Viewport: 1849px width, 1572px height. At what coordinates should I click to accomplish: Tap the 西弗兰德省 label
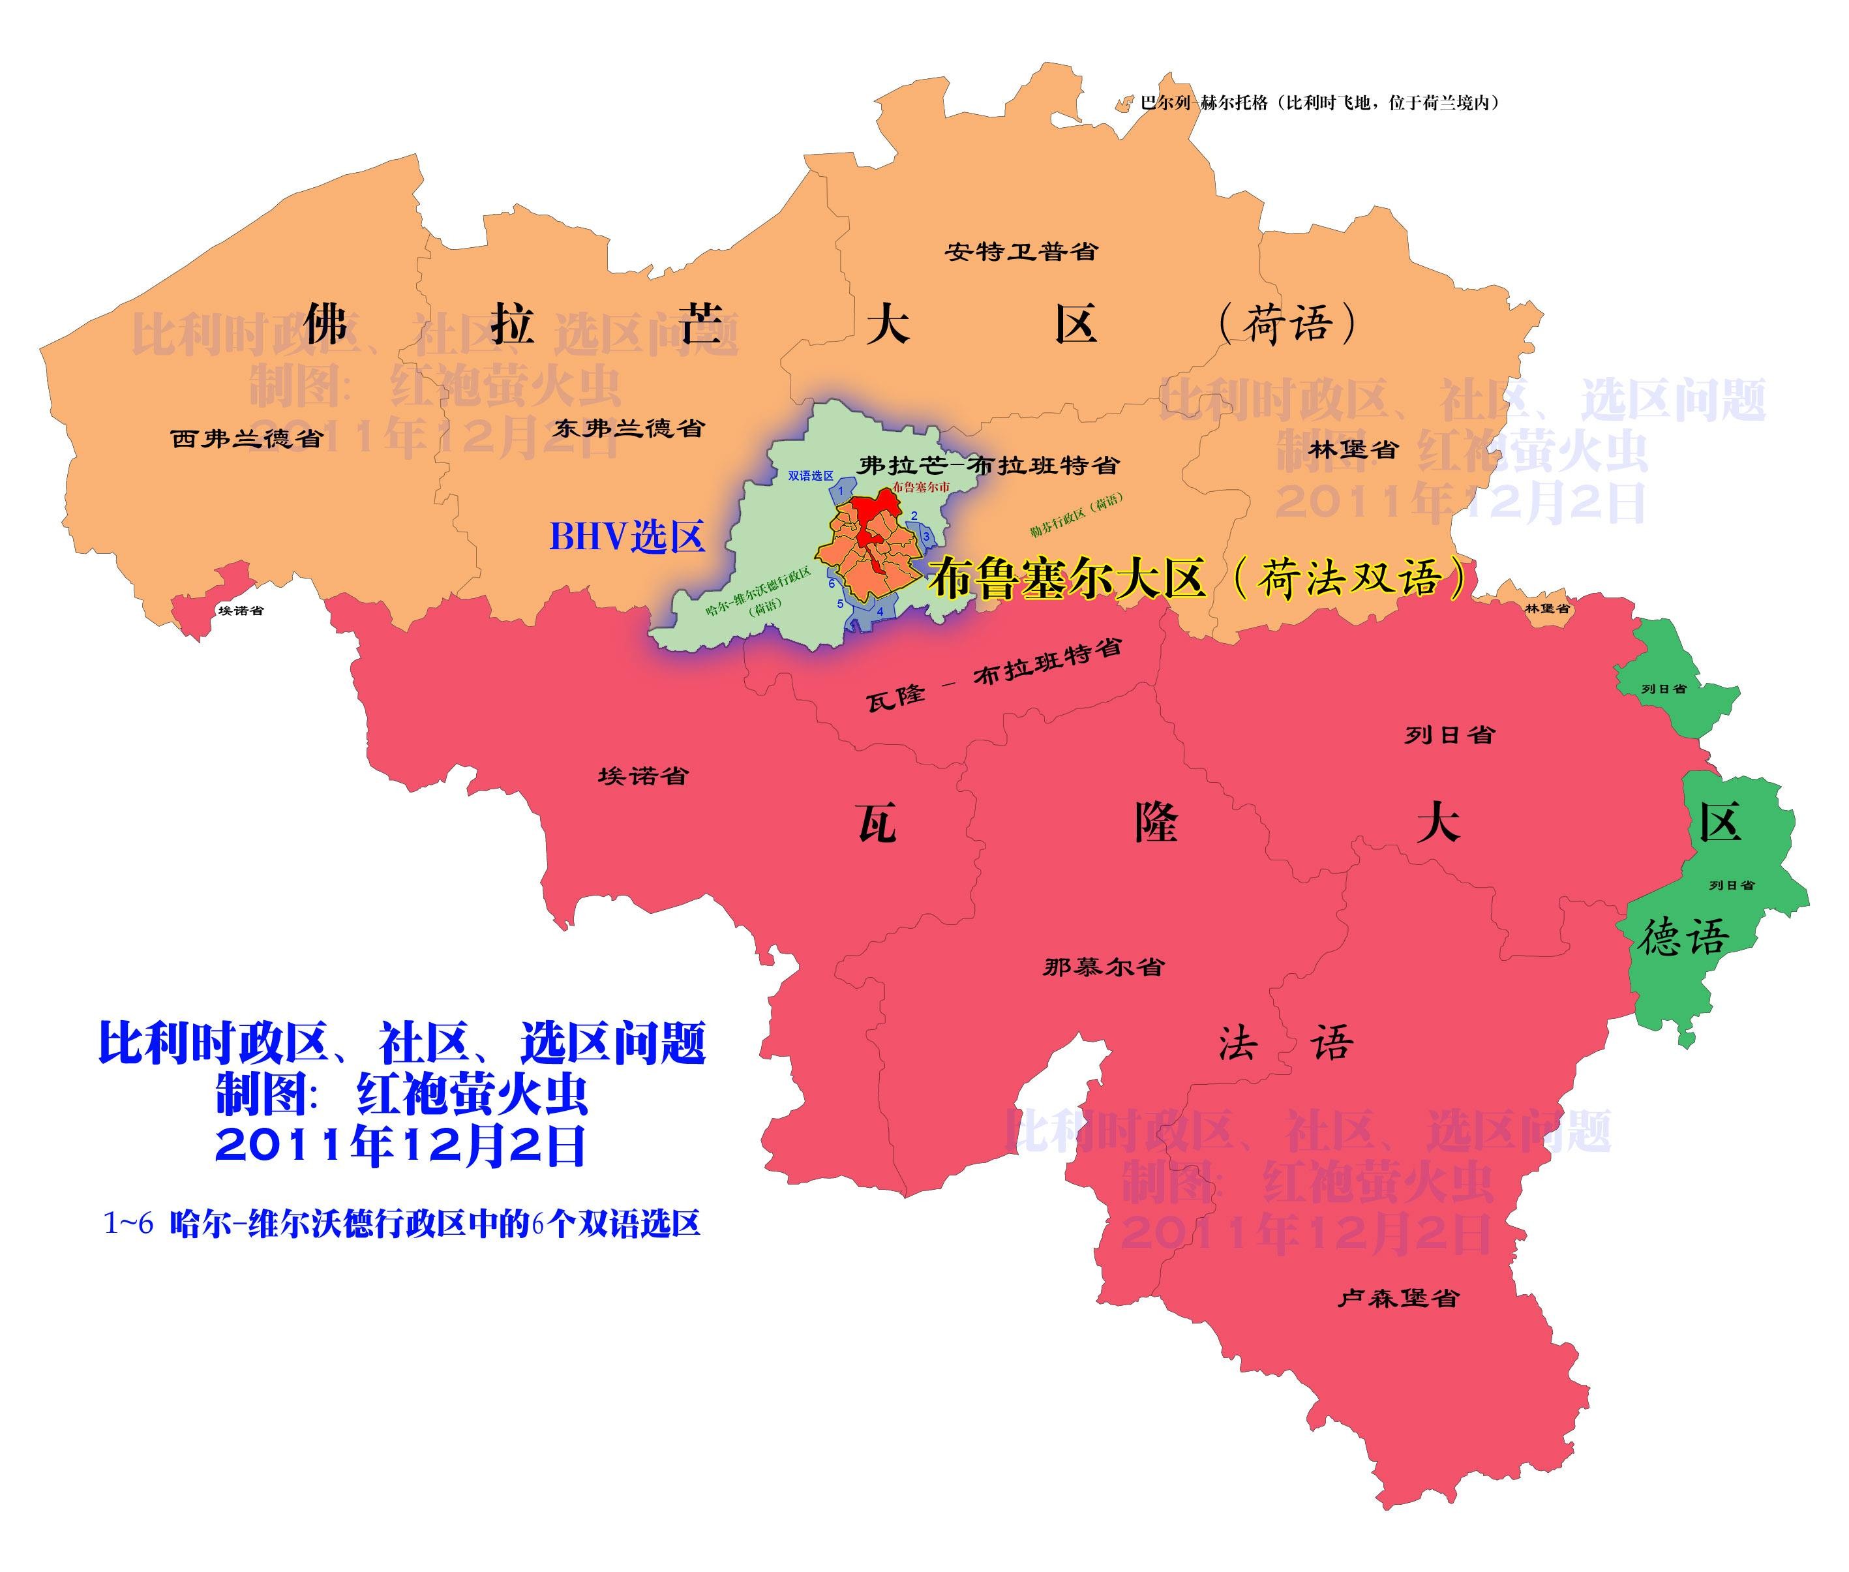point(246,438)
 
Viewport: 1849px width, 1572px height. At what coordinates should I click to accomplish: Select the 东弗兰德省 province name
point(628,428)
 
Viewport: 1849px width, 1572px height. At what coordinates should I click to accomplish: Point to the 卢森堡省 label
point(1397,1299)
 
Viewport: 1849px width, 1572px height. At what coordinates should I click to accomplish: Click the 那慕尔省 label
point(1103,967)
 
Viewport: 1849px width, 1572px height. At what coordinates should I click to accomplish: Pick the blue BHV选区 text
point(626,536)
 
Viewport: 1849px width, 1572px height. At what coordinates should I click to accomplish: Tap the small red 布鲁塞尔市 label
point(920,487)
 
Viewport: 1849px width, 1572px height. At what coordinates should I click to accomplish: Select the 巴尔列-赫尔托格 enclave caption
point(1319,102)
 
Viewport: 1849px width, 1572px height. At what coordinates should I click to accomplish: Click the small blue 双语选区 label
point(810,476)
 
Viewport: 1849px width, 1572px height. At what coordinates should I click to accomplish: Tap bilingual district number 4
point(880,611)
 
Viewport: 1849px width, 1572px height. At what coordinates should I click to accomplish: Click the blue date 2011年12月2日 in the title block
point(400,1146)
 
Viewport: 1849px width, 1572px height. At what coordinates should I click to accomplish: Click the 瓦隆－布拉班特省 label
point(993,674)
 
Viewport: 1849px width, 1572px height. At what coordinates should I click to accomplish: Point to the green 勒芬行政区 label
point(1076,514)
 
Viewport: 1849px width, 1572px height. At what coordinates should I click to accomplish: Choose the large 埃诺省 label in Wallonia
point(642,776)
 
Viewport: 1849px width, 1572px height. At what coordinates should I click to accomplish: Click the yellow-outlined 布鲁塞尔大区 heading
point(1194,579)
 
